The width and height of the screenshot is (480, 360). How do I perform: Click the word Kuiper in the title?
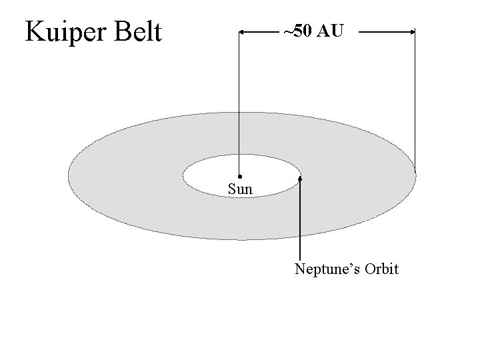[64, 32]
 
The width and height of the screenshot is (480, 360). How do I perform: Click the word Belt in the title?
[137, 31]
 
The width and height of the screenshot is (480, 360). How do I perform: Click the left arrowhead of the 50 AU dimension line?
[243, 31]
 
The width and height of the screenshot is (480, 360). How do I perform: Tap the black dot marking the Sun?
[240, 176]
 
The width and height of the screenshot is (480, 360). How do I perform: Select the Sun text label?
[240, 189]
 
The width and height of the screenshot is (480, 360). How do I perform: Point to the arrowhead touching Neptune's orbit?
[301, 179]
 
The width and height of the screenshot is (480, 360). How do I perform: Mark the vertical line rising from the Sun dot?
[240, 100]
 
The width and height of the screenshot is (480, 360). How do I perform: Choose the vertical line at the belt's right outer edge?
[415, 100]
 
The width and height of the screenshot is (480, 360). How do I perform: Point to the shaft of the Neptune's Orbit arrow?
[301, 220]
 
